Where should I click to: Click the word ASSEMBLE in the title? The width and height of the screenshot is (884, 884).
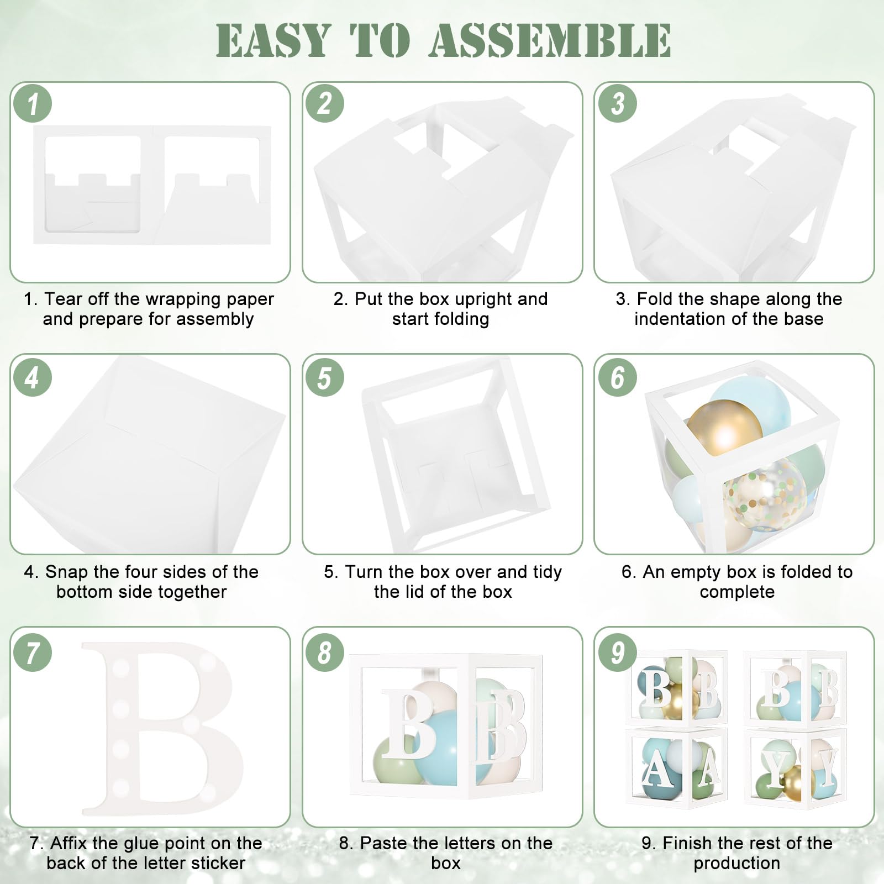click(550, 40)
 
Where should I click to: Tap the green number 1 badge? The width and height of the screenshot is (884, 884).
click(33, 103)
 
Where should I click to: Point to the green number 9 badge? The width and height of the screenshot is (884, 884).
click(617, 652)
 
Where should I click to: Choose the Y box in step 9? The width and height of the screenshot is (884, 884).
click(796, 768)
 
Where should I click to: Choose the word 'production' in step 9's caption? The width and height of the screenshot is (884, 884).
click(737, 863)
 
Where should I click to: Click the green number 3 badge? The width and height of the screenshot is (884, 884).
click(617, 103)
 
